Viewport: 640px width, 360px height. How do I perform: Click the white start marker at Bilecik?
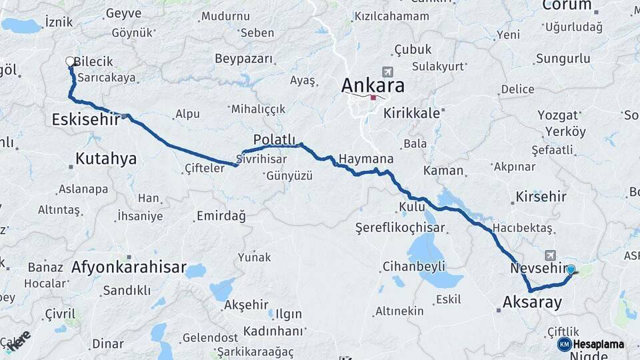click(x=70, y=62)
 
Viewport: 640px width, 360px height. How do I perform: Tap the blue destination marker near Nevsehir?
click(x=571, y=270)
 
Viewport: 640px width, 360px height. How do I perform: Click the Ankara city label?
click(x=373, y=85)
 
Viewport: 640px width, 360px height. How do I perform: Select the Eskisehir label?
click(x=86, y=119)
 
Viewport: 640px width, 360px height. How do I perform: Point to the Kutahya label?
click(x=106, y=159)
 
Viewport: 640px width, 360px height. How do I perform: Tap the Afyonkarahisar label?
click(x=129, y=267)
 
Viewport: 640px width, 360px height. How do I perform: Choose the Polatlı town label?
click(x=274, y=139)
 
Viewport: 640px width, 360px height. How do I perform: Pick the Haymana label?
click(x=366, y=159)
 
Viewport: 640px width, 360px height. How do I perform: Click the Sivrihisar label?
click(x=265, y=159)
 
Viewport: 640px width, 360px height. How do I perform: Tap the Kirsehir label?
click(x=541, y=197)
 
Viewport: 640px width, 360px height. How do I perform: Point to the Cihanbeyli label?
click(x=413, y=267)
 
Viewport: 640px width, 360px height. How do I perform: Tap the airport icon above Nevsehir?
click(x=551, y=255)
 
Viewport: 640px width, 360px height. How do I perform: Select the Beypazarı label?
click(x=244, y=59)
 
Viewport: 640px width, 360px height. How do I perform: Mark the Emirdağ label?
click(x=221, y=216)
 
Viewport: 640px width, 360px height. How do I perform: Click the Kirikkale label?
click(x=411, y=113)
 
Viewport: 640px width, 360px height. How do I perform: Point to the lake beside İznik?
click(x=21, y=26)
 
